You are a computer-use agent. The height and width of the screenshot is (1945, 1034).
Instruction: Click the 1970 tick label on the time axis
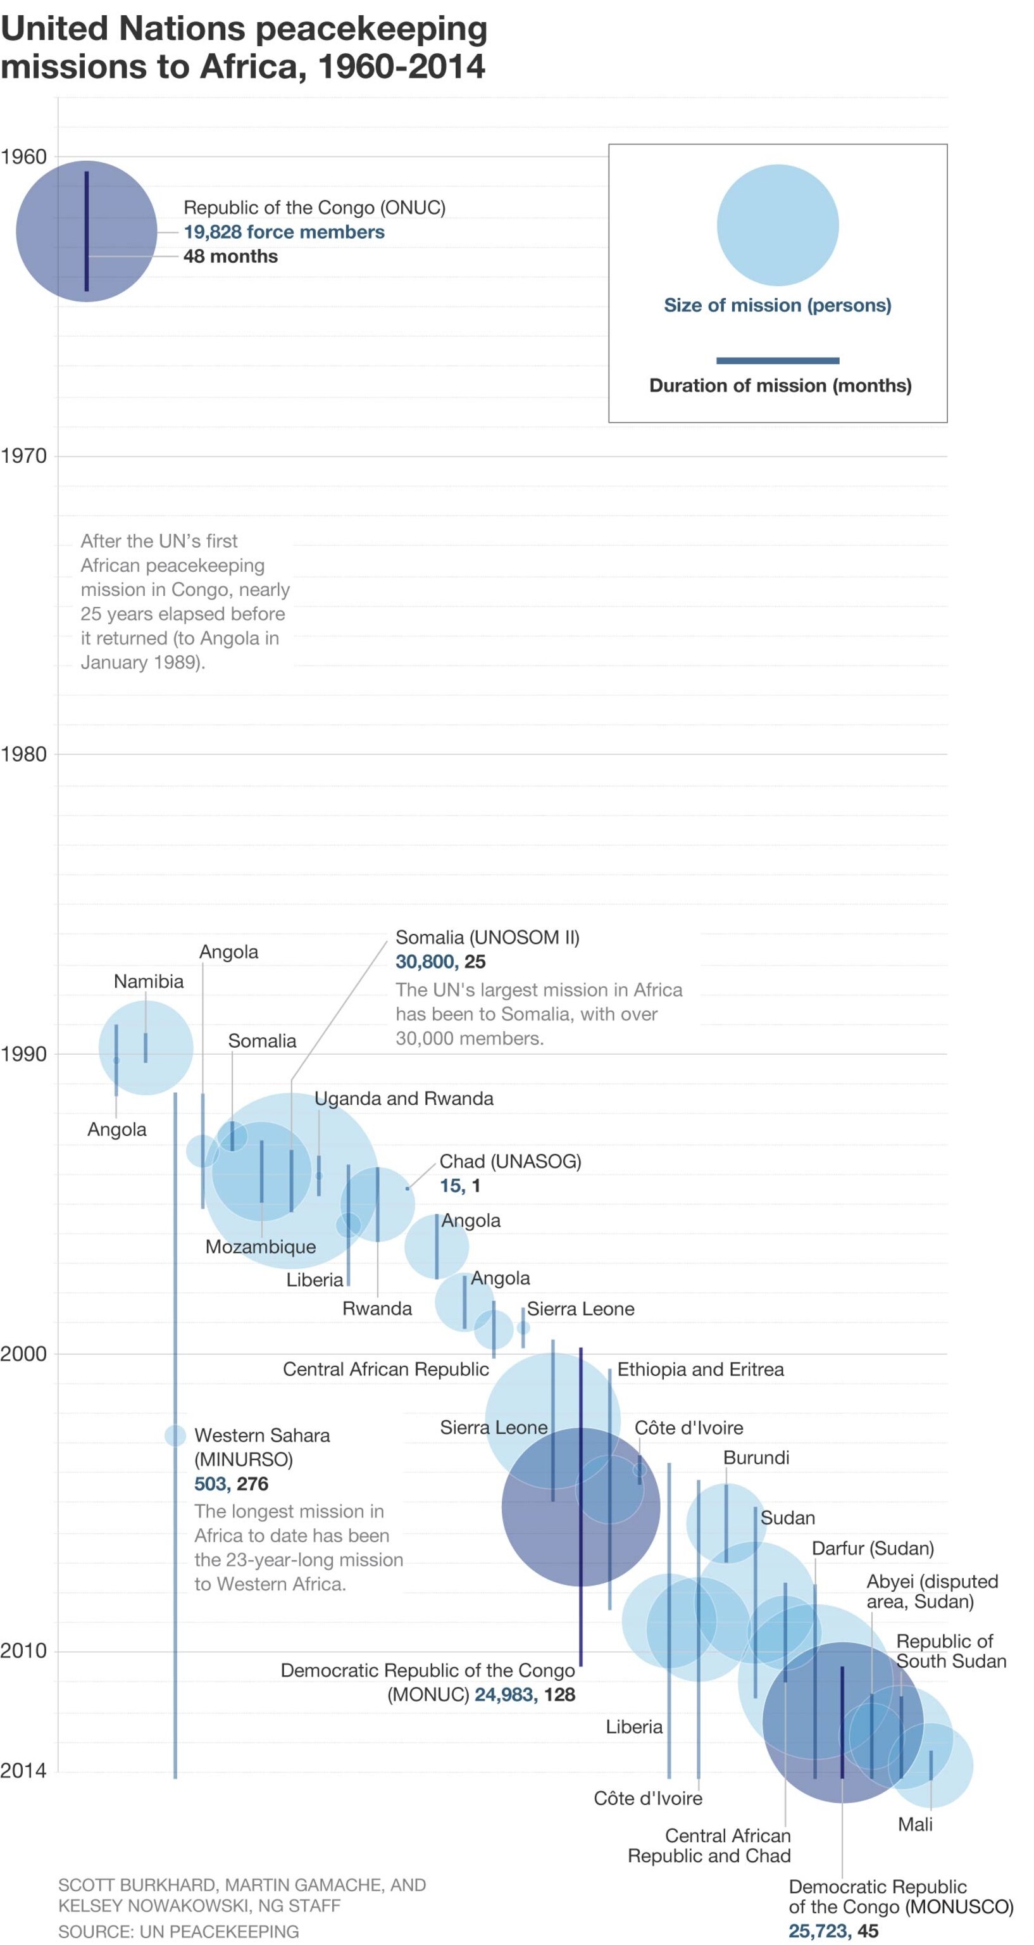click(23, 455)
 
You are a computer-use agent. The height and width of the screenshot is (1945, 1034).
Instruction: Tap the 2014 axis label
click(23, 1771)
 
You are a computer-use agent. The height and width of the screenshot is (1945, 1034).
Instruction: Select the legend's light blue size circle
click(777, 225)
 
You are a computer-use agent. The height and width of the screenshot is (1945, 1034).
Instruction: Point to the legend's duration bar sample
click(777, 360)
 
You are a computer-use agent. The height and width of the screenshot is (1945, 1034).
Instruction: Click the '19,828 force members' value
click(283, 232)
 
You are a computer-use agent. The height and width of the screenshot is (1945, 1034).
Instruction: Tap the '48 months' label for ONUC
click(230, 256)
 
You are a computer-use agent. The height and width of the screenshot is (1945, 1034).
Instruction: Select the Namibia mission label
click(149, 981)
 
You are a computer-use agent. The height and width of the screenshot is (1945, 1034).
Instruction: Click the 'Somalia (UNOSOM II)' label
click(487, 937)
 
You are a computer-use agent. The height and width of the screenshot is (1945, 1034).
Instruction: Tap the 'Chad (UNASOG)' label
click(510, 1161)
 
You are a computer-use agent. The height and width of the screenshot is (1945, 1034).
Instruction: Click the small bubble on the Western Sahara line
click(175, 1435)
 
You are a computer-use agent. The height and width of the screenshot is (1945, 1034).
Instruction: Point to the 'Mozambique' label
click(260, 1247)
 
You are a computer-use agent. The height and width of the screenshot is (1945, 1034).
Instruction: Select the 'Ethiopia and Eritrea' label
click(701, 1369)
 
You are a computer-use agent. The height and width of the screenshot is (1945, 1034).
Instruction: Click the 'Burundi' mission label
click(756, 1457)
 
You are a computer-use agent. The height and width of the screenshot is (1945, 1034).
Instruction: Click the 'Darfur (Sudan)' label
click(873, 1548)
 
